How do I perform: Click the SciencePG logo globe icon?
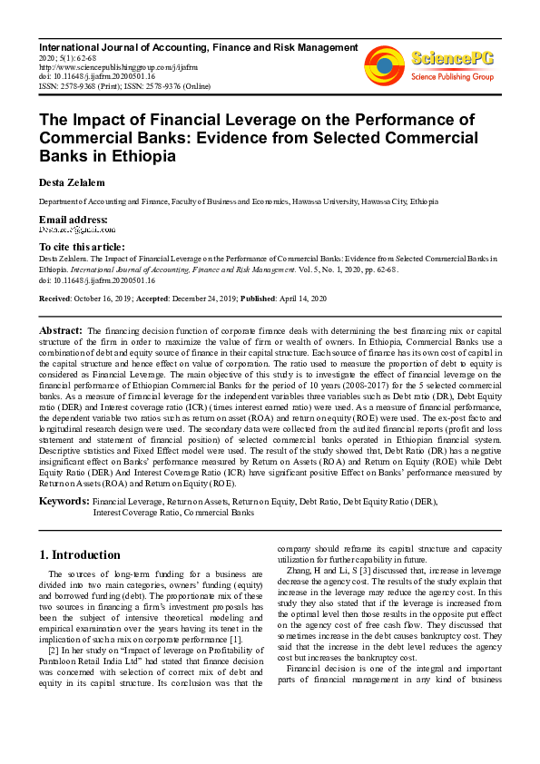pyautogui.click(x=384, y=65)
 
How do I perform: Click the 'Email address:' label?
pyautogui.click(x=73, y=220)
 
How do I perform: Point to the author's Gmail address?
pyautogui.click(x=75, y=231)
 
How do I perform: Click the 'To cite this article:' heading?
pyautogui.click(x=82, y=247)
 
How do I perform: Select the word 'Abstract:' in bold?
pyautogui.click(x=61, y=330)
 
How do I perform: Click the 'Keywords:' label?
pyautogui.click(x=64, y=501)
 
